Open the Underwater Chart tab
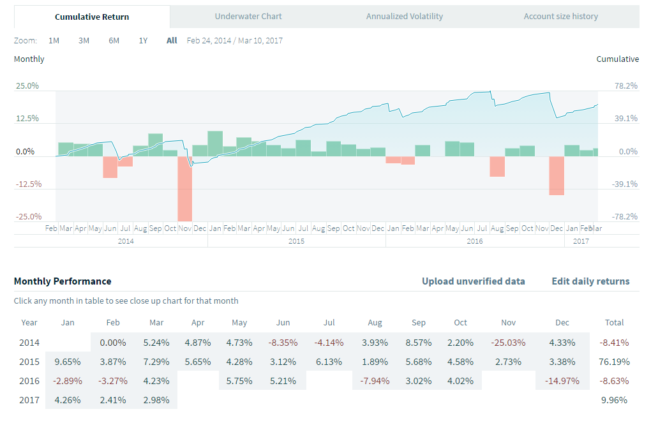[248, 17]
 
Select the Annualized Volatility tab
[405, 17]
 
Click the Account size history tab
[560, 17]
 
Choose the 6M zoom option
[114, 41]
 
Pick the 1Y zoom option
[143, 41]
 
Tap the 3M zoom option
[84, 41]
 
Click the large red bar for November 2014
[185, 188]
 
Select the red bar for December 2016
[557, 175]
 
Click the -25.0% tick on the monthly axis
[27, 217]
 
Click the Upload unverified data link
[474, 281]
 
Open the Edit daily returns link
[590, 281]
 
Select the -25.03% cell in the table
[509, 343]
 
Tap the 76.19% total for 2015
[615, 362]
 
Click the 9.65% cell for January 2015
[67, 362]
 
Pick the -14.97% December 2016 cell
[562, 381]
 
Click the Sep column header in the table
[419, 323]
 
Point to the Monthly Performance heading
[63, 281]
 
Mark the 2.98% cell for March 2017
[156, 400]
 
